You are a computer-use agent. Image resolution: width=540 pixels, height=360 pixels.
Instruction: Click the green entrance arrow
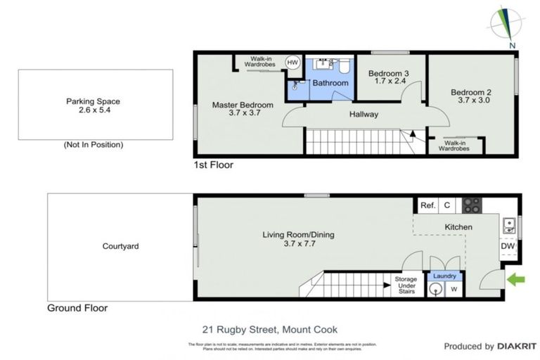point(517,281)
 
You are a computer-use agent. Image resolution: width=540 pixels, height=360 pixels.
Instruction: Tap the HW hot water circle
point(292,63)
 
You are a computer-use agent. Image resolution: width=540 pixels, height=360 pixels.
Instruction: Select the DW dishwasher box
point(508,247)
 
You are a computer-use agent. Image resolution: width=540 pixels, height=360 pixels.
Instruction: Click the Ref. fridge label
point(427,205)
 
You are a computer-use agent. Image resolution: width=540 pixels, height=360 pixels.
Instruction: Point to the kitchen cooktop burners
point(472,205)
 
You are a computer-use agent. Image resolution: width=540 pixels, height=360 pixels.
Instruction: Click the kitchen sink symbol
point(508,226)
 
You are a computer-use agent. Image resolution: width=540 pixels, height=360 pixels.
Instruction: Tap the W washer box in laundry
point(454,289)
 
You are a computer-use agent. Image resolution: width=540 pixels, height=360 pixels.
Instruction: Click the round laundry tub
point(436,289)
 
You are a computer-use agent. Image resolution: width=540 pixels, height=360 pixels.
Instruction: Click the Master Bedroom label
point(243,105)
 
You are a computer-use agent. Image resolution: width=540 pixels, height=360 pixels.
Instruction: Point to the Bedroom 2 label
point(470,91)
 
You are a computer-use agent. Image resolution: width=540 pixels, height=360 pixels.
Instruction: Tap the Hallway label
point(364,114)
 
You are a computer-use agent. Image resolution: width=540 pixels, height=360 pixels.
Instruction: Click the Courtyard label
point(120,246)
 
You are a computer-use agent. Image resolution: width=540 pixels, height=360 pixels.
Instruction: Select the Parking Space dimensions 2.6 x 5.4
point(95,110)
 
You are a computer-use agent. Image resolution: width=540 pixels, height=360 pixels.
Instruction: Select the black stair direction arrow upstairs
point(413,132)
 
